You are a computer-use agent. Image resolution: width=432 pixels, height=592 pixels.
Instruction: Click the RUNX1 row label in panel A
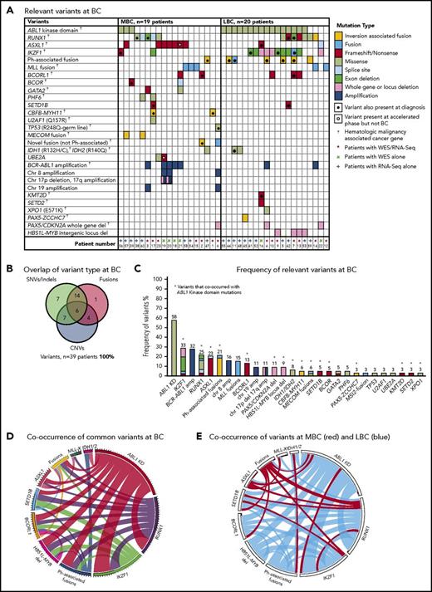(x=19, y=37)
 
